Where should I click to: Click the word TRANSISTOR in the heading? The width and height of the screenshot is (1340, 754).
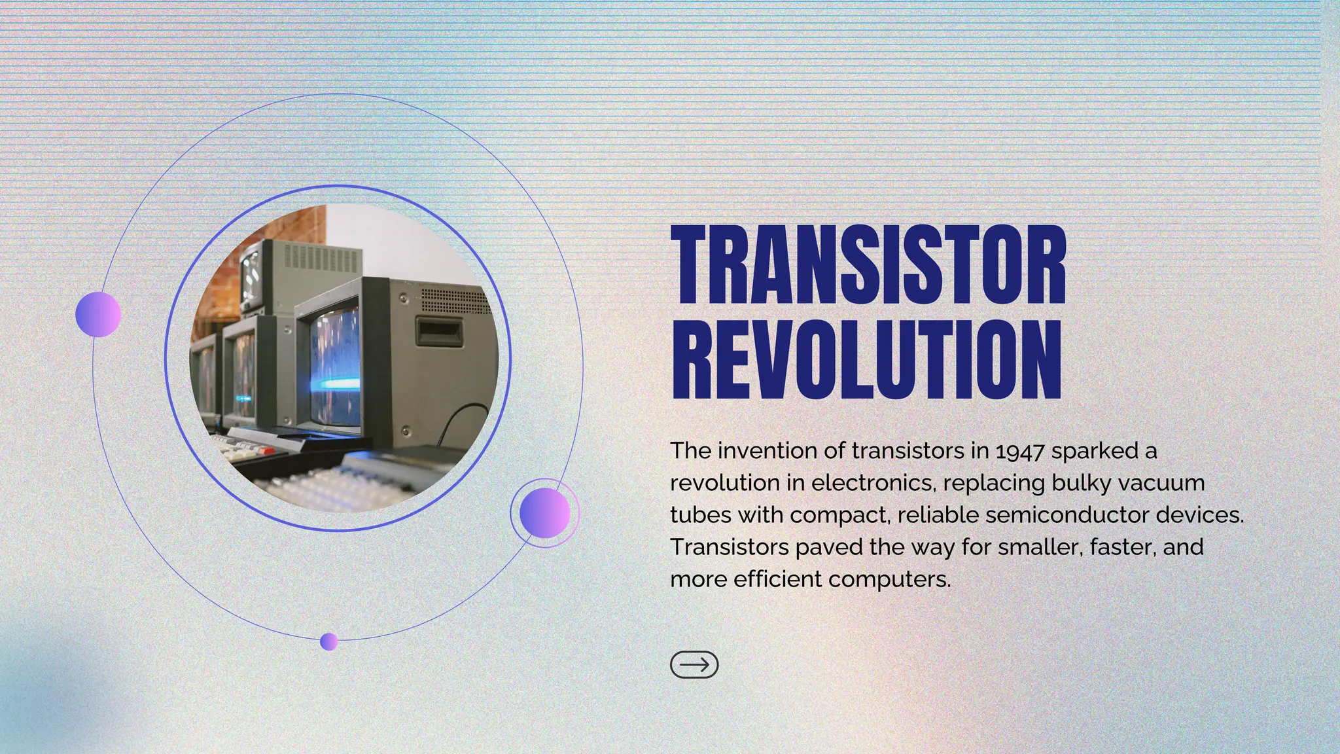869,265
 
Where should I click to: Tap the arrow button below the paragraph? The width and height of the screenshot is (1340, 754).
694,665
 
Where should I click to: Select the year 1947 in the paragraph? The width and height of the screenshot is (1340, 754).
1019,451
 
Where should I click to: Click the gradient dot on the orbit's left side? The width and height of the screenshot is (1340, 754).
98,315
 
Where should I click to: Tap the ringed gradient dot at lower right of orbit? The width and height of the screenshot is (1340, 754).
544,513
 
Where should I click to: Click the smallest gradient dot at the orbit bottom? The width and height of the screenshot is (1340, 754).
328,641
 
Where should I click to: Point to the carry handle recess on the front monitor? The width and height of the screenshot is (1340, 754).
439,332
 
